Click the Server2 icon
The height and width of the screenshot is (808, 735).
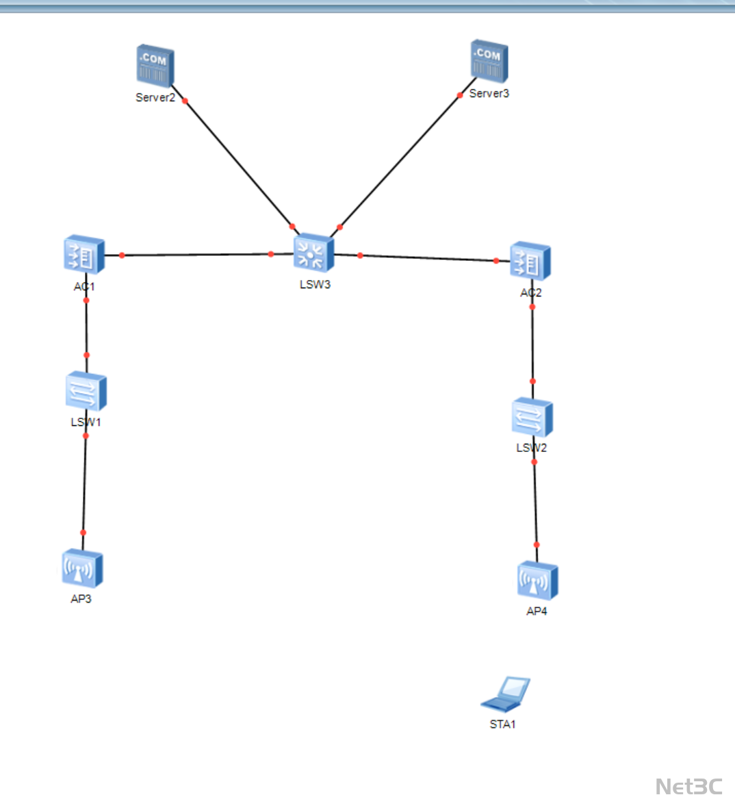[155, 66]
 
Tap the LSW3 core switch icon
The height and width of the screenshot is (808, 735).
[313, 253]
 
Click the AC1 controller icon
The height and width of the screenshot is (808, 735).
[84, 256]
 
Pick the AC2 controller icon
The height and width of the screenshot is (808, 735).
[530, 261]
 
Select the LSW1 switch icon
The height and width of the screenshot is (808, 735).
[86, 392]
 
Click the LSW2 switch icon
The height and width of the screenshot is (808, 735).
[532, 417]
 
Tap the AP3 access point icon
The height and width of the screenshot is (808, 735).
[82, 568]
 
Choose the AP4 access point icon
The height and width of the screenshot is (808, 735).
[537, 581]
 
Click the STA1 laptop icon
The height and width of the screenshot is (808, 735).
[506, 694]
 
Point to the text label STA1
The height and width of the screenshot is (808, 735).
[503, 724]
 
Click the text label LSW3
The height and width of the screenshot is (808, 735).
[315, 285]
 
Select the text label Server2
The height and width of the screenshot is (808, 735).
[155, 97]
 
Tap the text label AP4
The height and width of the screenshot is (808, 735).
[537, 611]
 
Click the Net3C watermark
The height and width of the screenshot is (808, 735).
[688, 786]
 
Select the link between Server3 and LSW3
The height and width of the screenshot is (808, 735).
[400, 161]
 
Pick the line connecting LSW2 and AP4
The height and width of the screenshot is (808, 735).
[535, 503]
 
